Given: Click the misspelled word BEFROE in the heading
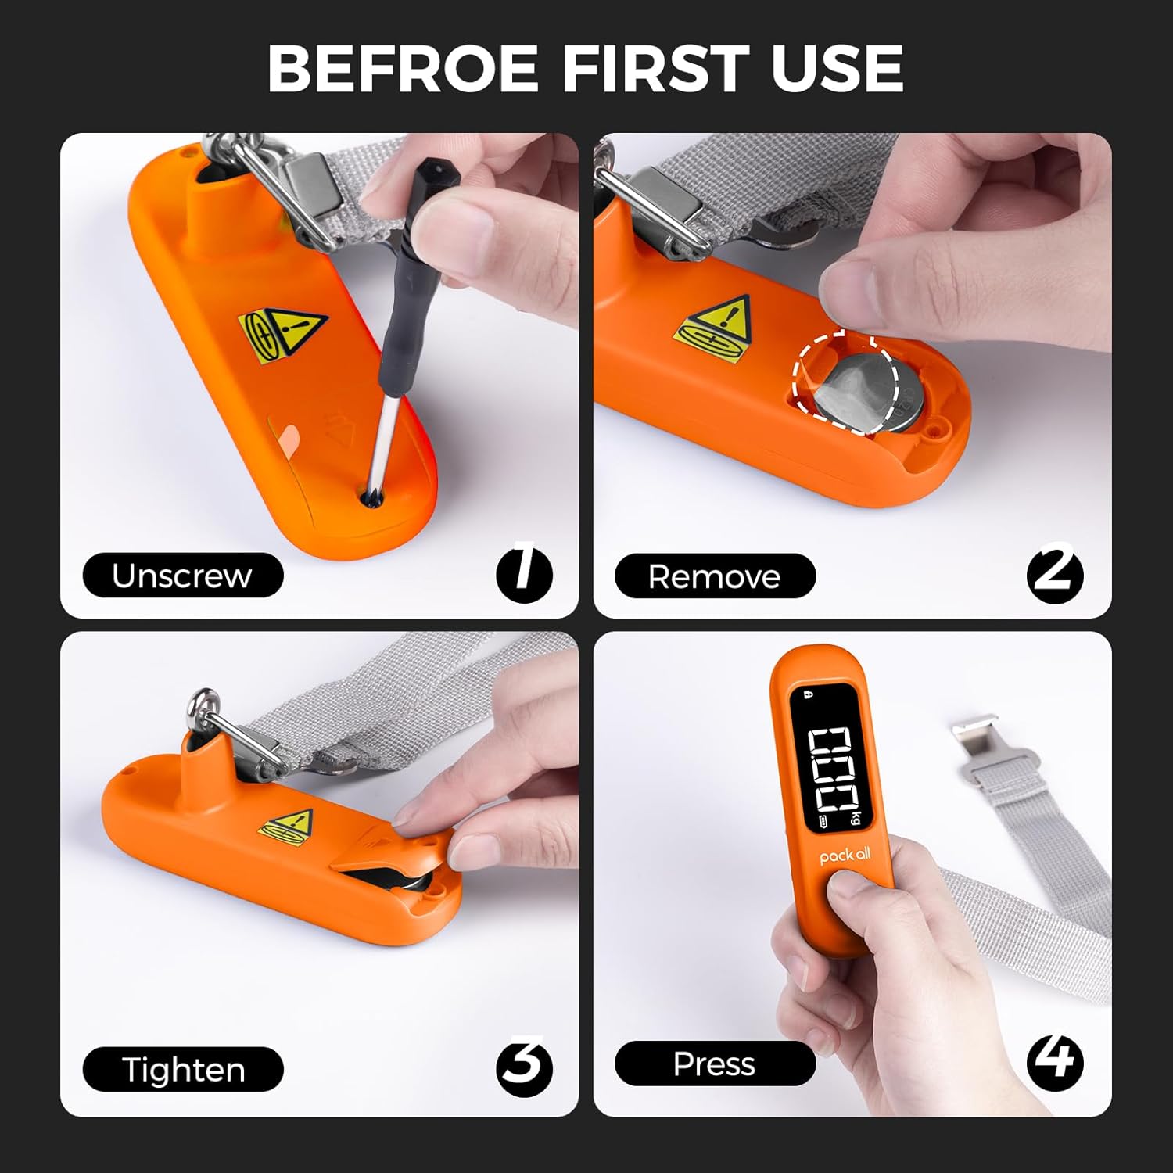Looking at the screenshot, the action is (x=404, y=67).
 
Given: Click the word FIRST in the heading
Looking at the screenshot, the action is (x=655, y=67).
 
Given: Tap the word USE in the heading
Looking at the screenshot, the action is (x=838, y=67).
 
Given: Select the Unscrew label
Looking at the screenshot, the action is (x=182, y=576).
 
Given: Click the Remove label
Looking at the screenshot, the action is (x=715, y=576).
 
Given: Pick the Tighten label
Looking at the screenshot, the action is (x=183, y=1069).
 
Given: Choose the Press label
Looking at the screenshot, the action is (x=715, y=1064).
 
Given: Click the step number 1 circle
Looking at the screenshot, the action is (x=524, y=574).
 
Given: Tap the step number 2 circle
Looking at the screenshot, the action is (x=1055, y=576).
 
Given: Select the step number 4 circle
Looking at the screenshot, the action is (x=1055, y=1062).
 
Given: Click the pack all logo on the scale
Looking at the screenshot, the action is (x=845, y=856).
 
